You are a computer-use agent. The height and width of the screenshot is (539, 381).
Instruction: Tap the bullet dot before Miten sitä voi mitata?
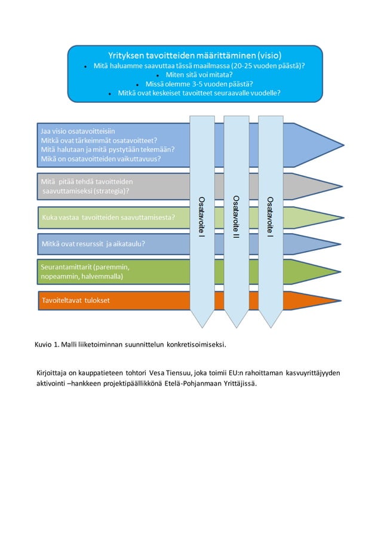[x=157, y=76]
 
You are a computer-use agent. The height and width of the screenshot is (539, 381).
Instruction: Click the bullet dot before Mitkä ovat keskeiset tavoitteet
[x=110, y=94]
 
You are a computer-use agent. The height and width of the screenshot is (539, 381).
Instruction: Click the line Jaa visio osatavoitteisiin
[x=78, y=129]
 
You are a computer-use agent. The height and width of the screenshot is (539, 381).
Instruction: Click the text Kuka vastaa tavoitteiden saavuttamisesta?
[x=107, y=218]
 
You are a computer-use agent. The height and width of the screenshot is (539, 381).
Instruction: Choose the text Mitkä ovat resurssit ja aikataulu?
[x=93, y=244]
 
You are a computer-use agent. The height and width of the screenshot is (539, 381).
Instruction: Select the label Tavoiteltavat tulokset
[x=76, y=300]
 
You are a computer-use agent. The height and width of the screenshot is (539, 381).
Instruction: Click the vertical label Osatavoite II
[x=236, y=213]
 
